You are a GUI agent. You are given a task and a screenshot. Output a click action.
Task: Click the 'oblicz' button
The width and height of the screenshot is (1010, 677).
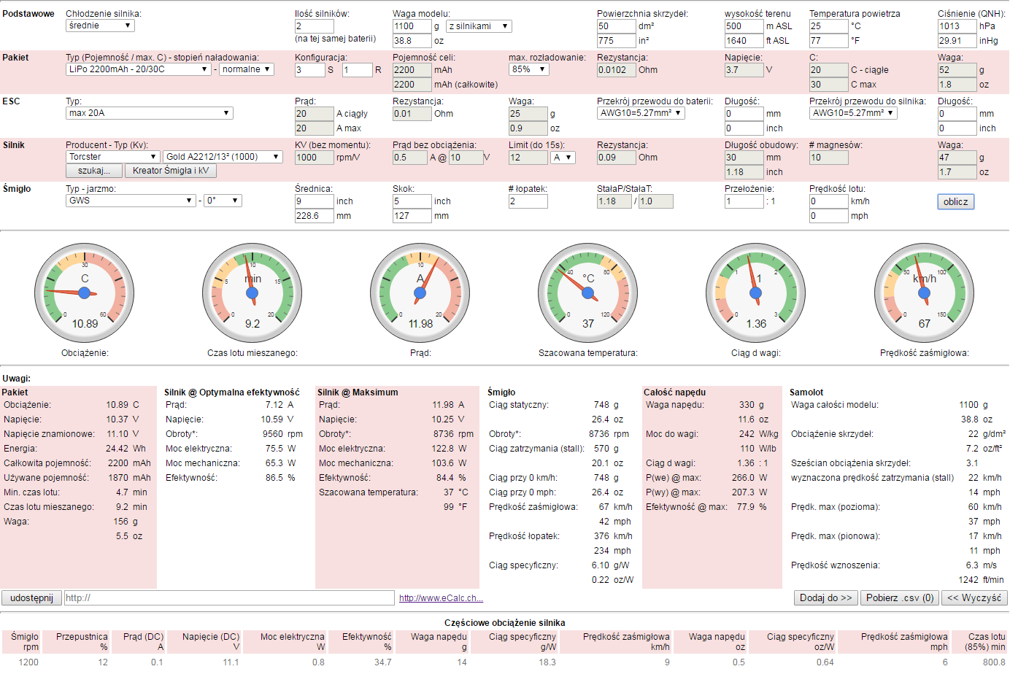955,201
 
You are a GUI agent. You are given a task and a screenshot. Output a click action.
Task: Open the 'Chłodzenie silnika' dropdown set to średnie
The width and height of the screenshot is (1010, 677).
100,26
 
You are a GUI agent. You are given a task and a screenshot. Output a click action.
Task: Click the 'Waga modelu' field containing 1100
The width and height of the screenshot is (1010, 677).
412,26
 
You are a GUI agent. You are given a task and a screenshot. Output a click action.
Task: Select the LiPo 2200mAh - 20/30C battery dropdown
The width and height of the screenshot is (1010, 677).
139,69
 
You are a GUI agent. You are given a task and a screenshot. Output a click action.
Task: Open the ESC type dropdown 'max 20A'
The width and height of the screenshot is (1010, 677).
149,113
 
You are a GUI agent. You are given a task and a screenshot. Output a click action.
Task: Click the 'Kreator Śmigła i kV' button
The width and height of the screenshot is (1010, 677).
171,171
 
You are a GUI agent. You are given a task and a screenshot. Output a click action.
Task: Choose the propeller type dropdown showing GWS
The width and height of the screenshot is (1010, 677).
131,201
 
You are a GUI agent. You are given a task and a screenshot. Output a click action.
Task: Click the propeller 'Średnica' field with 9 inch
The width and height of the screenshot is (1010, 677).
314,201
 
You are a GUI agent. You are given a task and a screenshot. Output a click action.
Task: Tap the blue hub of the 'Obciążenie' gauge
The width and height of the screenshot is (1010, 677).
84,293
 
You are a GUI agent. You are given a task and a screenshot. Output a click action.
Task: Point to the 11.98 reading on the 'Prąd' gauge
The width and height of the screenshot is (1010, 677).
420,324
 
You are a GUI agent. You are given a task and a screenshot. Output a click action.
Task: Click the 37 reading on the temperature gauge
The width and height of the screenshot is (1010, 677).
588,324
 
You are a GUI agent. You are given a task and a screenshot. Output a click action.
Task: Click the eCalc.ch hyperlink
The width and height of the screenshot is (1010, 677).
441,598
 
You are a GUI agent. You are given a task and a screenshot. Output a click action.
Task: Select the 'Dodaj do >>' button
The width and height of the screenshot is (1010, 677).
825,598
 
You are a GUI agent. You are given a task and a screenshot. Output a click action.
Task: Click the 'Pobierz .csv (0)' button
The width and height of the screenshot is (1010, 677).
900,598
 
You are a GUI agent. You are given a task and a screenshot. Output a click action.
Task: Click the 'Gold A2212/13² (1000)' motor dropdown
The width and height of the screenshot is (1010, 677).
223,157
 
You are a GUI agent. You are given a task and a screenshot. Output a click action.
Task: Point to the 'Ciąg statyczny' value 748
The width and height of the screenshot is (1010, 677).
601,405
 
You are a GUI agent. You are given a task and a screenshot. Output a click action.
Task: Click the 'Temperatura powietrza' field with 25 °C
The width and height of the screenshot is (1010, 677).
828,26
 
